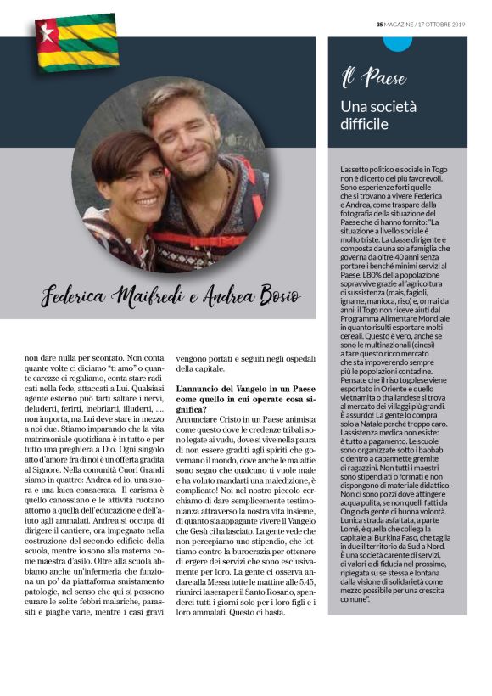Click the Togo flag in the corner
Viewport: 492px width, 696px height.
pyautogui.click(x=76, y=42)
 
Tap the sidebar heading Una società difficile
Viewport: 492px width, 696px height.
pyautogui.click(x=378, y=115)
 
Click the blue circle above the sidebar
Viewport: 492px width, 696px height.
pyautogui.click(x=397, y=42)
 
